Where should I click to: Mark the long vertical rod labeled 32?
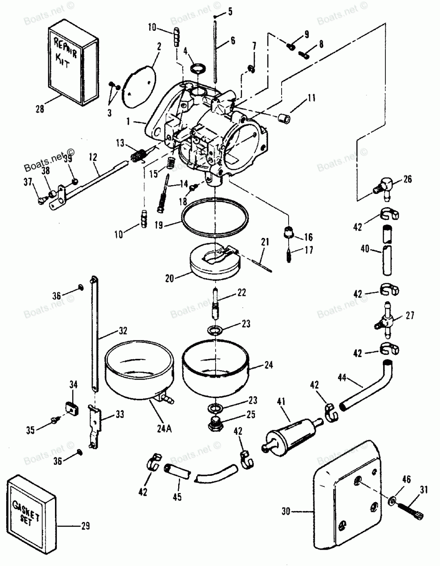point(95,334)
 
